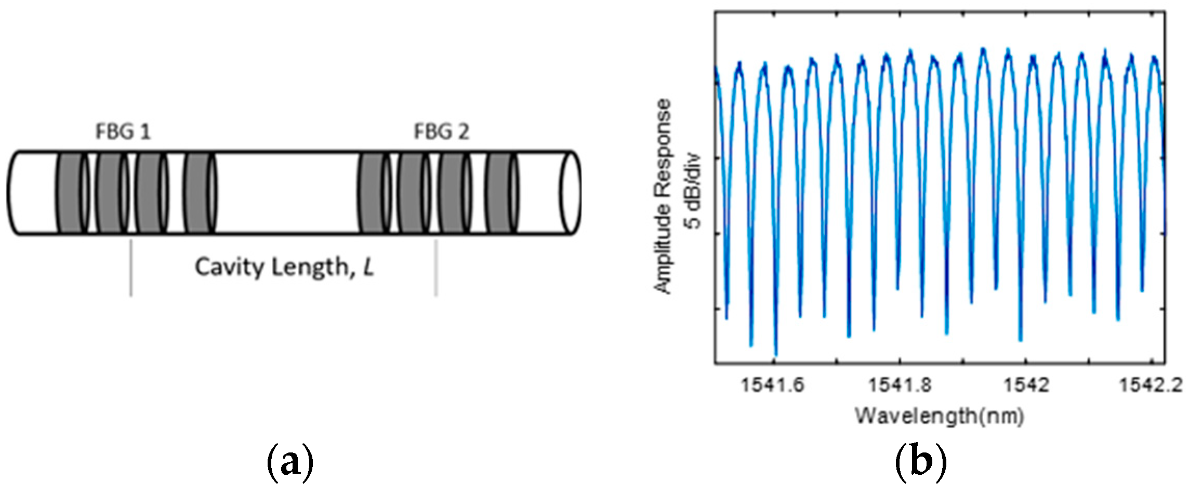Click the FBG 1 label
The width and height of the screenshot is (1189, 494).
(x=123, y=132)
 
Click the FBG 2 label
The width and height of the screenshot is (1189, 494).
(x=441, y=132)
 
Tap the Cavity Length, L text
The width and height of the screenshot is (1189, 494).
(x=284, y=268)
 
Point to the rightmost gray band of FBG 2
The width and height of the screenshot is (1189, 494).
(x=499, y=193)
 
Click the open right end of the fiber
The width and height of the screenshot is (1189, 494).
(x=570, y=193)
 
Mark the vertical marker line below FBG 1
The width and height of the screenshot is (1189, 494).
(x=131, y=268)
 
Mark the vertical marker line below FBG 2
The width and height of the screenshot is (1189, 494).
(x=436, y=268)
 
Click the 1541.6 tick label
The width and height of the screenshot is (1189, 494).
(x=773, y=386)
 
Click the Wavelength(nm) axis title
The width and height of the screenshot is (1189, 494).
(x=940, y=416)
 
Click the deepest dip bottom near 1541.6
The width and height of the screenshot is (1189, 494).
(x=776, y=355)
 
